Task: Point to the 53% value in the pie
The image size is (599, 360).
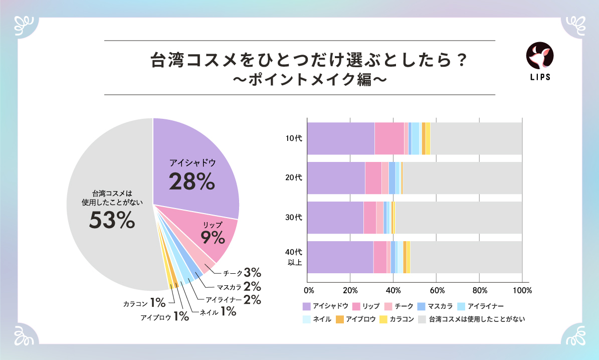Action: [112, 220]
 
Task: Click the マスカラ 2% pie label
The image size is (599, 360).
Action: [239, 287]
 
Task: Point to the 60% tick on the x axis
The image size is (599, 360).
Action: [437, 290]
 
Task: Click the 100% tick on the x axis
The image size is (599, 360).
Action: [522, 290]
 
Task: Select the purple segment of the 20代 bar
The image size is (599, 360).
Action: [336, 178]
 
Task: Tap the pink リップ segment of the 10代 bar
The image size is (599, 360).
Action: [389, 138]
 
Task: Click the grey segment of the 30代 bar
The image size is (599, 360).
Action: [458, 218]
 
